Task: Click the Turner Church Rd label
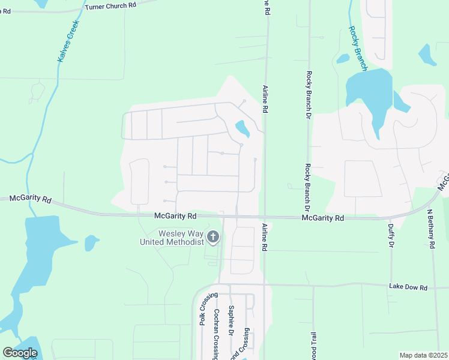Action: [111, 5]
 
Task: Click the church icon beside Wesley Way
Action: [212, 238]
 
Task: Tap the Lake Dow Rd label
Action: [408, 287]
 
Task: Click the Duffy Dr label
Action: [391, 233]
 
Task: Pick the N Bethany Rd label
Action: [431, 229]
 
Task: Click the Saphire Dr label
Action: [231, 320]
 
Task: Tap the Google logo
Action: [20, 353]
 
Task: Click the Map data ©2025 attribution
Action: [423, 355]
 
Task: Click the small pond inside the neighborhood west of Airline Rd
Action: [243, 128]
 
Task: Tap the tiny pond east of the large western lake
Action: [91, 242]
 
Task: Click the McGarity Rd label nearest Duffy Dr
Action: [322, 218]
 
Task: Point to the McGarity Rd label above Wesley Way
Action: [175, 215]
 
